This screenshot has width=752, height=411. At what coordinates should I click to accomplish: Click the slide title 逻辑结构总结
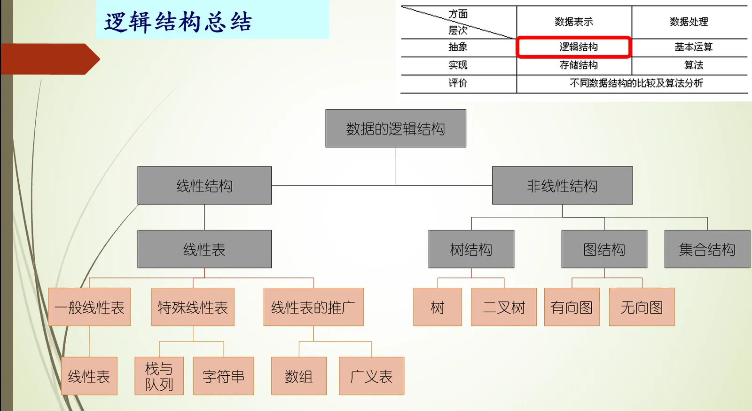[178, 22]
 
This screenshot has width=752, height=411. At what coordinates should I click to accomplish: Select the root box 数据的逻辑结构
[396, 128]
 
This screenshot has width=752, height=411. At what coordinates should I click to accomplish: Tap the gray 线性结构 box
[204, 185]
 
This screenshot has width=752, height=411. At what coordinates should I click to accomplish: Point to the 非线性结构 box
[562, 185]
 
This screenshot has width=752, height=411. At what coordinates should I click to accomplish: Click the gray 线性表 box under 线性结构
[204, 249]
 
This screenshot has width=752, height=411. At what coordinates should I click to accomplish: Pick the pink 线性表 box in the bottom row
[89, 376]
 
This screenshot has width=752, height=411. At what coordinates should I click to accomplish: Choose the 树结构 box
[471, 249]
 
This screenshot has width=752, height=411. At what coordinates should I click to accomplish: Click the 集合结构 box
[707, 249]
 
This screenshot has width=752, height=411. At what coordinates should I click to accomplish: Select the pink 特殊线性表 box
[193, 307]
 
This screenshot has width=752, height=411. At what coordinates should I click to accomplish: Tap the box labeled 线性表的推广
[313, 307]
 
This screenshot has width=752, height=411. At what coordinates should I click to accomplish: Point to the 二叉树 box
[504, 307]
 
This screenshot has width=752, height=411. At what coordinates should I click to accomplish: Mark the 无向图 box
[642, 307]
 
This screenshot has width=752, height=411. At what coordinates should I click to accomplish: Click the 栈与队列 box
[159, 376]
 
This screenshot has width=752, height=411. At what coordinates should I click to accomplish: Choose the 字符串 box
[224, 376]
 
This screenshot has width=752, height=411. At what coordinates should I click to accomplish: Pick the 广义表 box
[371, 376]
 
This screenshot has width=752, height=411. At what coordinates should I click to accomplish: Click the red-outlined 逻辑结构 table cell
[573, 47]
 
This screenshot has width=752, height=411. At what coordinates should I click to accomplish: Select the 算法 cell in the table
[693, 65]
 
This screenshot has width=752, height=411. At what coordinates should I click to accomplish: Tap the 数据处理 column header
[689, 22]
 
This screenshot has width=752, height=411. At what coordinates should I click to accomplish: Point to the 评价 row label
[458, 83]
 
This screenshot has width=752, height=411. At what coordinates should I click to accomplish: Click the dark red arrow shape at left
[49, 59]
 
